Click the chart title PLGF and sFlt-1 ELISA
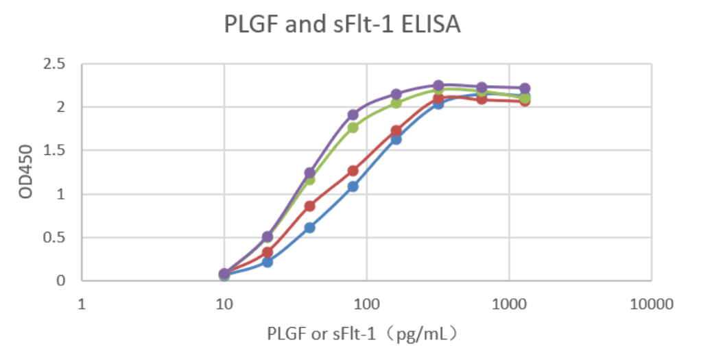342,25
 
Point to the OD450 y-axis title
26,173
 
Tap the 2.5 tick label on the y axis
54,64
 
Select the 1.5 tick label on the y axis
54,151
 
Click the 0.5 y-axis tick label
54,238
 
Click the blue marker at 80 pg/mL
353,187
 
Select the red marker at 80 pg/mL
353,171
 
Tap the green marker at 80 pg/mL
353,128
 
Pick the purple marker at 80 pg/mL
353,115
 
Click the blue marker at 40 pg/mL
309,228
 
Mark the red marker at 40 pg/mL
309,206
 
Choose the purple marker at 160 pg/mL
396,95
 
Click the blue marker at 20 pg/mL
268,262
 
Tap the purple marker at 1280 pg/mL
525,88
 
